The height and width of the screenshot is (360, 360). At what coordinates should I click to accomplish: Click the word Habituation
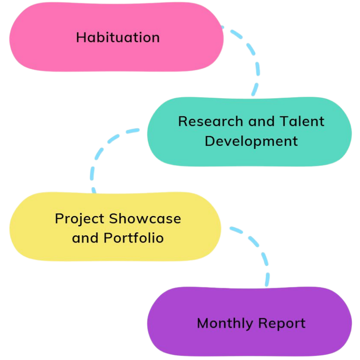pyautogui.click(x=117, y=37)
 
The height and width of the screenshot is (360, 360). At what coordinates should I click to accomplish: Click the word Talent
pyautogui.click(x=302, y=121)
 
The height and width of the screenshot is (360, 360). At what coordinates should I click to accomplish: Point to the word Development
pyautogui.click(x=251, y=141)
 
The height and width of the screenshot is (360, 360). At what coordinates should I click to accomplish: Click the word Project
pyautogui.click(x=80, y=219)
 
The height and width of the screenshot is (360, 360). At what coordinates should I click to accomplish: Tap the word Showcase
pyautogui.click(x=145, y=219)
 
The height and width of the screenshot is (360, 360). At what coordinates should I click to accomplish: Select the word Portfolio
pyautogui.click(x=134, y=238)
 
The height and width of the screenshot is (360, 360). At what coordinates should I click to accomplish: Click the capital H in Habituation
pyautogui.click(x=81, y=37)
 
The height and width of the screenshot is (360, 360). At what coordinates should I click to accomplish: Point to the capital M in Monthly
pyautogui.click(x=203, y=323)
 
